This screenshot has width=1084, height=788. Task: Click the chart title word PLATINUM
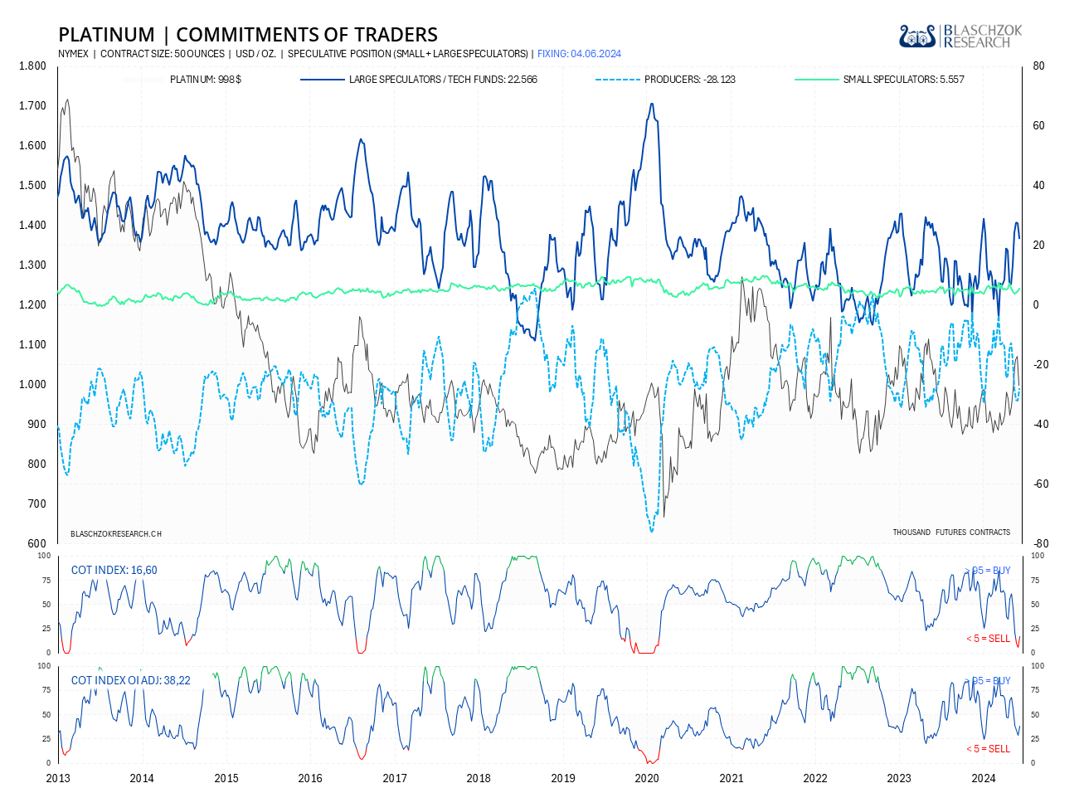[x=106, y=35]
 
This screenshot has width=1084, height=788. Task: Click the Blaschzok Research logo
[x=960, y=36]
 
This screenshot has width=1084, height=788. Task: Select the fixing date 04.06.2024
[x=579, y=54]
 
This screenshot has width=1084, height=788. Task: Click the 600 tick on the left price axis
[x=37, y=544]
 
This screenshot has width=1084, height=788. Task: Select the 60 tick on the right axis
[x=1038, y=126]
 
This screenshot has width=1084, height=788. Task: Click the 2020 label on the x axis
[x=647, y=778]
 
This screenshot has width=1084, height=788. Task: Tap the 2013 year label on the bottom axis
[x=58, y=778]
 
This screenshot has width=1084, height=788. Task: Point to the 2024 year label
[x=984, y=778]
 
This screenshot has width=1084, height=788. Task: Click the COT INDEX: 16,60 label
[x=114, y=570]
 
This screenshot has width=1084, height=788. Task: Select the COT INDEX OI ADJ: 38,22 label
[x=130, y=680]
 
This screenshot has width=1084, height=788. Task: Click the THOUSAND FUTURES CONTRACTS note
[x=951, y=533]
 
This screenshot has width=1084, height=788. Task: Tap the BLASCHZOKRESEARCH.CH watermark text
[x=116, y=533]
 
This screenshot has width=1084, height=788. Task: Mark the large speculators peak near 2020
[x=652, y=104]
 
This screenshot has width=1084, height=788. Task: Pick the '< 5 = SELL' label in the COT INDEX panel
[x=988, y=639]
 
